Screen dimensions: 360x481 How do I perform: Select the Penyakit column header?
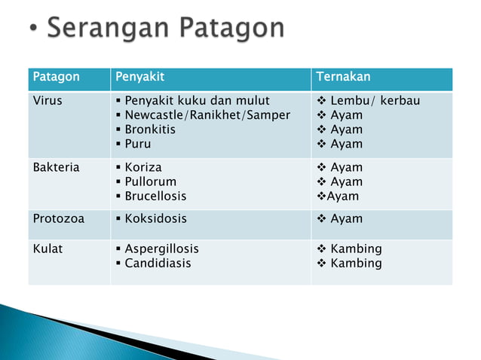[x=139, y=78]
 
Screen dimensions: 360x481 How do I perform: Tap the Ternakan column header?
[x=343, y=78]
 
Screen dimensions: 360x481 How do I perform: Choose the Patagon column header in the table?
[x=56, y=78]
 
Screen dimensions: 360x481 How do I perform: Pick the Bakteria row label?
[x=56, y=167]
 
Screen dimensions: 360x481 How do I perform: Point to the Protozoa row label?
[x=57, y=218]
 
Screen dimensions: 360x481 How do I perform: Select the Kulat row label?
[x=47, y=249]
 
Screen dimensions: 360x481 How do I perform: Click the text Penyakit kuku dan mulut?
[x=196, y=100]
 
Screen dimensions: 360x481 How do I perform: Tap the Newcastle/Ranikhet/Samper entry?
[x=207, y=114]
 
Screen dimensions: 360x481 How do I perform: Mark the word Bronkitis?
[x=152, y=129]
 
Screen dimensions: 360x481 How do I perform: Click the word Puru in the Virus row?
[x=138, y=143]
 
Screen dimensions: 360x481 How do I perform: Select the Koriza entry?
[x=142, y=167]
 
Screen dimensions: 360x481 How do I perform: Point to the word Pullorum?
[x=150, y=182]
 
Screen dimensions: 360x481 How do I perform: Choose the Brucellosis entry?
[x=155, y=196]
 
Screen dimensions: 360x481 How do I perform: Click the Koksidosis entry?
[x=155, y=218]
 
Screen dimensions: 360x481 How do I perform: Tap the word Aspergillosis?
[x=161, y=249]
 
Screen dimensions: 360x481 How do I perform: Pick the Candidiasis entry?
[x=158, y=263]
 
